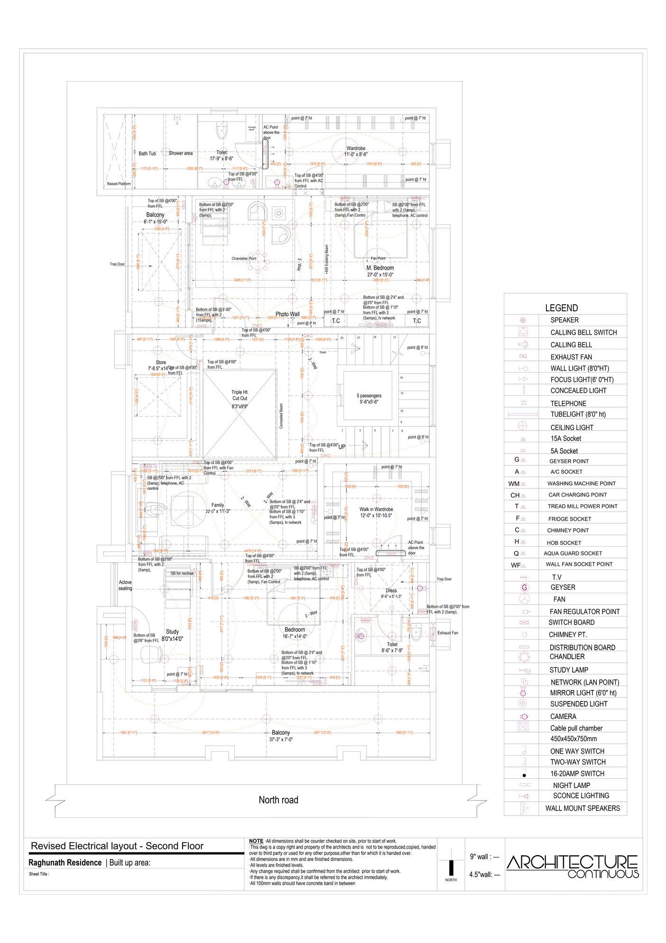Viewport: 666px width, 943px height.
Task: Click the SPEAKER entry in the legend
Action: pyautogui.click(x=564, y=320)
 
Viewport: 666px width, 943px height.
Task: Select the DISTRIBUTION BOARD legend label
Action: pyautogui.click(x=582, y=647)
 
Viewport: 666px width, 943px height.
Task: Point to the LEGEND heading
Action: pyautogui.click(x=561, y=308)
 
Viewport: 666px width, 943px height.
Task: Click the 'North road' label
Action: pyautogui.click(x=278, y=800)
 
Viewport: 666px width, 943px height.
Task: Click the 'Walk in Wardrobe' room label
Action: pyautogui.click(x=376, y=509)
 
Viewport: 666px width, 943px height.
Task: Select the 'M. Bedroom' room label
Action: pyautogui.click(x=380, y=268)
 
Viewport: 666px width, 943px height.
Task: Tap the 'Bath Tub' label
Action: pyautogui.click(x=147, y=154)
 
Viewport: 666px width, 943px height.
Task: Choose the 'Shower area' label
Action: pyautogui.click(x=181, y=153)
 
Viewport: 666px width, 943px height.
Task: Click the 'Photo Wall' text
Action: pyautogui.click(x=287, y=314)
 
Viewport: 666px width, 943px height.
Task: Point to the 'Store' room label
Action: pyautogui.click(x=161, y=363)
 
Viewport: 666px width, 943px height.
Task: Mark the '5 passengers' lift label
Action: pyautogui.click(x=369, y=395)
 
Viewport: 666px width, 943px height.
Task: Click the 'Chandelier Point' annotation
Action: pyautogui.click(x=244, y=259)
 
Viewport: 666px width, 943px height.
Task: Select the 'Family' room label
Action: pyautogui.click(x=218, y=505)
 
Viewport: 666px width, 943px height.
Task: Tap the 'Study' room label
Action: pyautogui.click(x=172, y=632)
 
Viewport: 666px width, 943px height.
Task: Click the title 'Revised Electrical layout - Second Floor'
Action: pyautogui.click(x=117, y=846)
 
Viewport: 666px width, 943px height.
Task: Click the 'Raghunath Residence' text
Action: pyautogui.click(x=65, y=863)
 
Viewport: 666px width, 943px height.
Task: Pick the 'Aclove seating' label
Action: pyautogui.click(x=125, y=585)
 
